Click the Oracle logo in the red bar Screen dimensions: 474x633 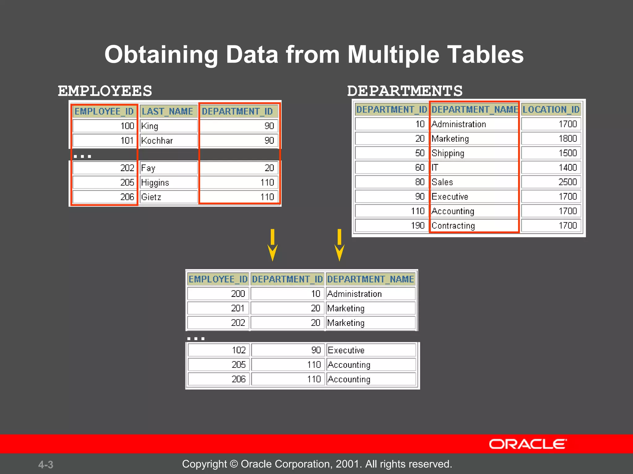pyautogui.click(x=528, y=444)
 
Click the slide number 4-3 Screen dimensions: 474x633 pyautogui.click(x=46, y=464)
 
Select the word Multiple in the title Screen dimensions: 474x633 pyautogui.click(x=393, y=55)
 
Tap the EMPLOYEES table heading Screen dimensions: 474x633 pyautogui.click(x=105, y=91)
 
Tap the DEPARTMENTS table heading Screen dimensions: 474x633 pyautogui.click(x=405, y=91)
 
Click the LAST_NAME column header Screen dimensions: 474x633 pyautogui.click(x=168, y=111)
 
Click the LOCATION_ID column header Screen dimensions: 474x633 pyautogui.click(x=551, y=110)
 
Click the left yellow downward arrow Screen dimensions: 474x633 pyautogui.click(x=272, y=245)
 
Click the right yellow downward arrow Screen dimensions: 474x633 pyautogui.click(x=339, y=245)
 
